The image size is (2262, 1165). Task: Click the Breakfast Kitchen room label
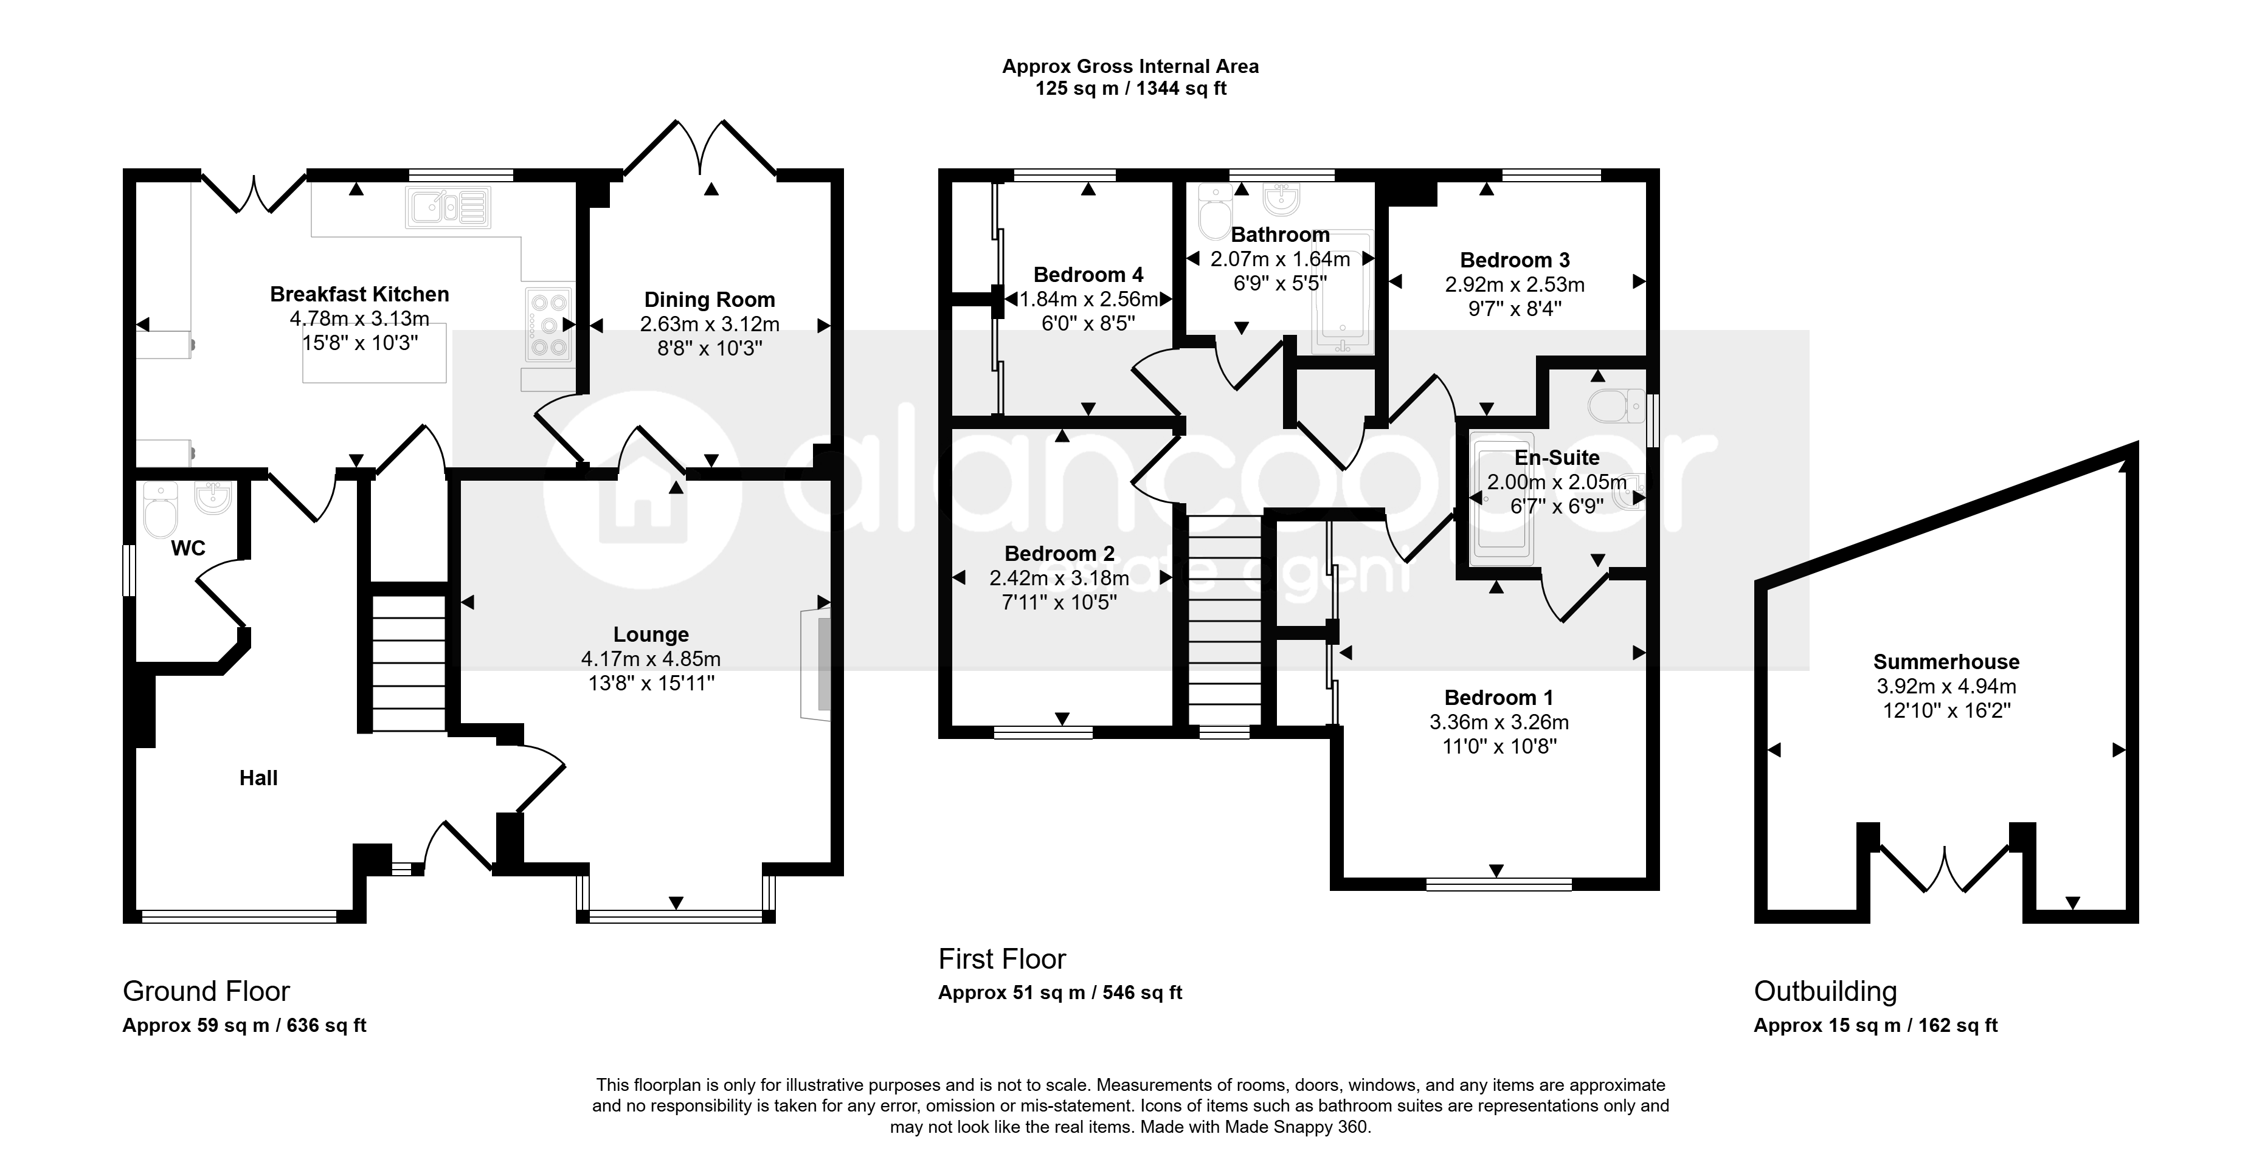click(x=359, y=294)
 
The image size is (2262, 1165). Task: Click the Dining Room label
click(x=710, y=300)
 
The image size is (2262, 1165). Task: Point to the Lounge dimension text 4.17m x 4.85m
click(x=651, y=658)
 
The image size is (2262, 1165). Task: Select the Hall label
click(x=258, y=778)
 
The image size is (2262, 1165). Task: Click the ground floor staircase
click(x=409, y=663)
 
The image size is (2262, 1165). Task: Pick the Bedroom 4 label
click(x=1088, y=275)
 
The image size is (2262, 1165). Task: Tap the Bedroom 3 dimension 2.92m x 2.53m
click(x=1515, y=284)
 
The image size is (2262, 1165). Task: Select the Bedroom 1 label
click(x=1499, y=698)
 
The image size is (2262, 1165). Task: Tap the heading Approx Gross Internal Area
click(x=1131, y=66)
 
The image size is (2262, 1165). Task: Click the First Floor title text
click(x=1002, y=959)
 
